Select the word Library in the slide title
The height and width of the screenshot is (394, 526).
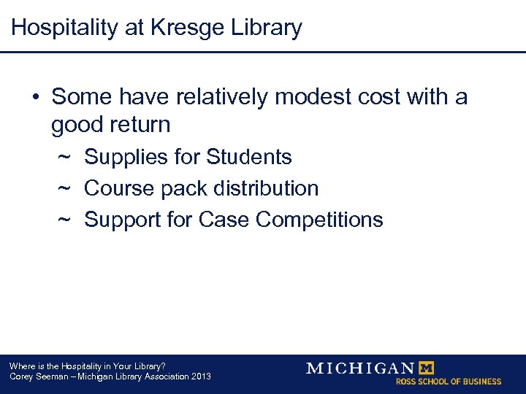tap(265, 28)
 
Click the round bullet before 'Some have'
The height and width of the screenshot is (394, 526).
tap(36, 96)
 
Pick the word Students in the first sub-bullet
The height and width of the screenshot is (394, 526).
tap(249, 157)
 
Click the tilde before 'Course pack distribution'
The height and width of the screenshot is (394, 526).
tap(64, 188)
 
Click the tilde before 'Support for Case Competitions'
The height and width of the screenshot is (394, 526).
tap(64, 220)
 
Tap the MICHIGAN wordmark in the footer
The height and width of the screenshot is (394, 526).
tap(360, 368)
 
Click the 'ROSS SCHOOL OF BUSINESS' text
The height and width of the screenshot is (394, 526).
tap(449, 382)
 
